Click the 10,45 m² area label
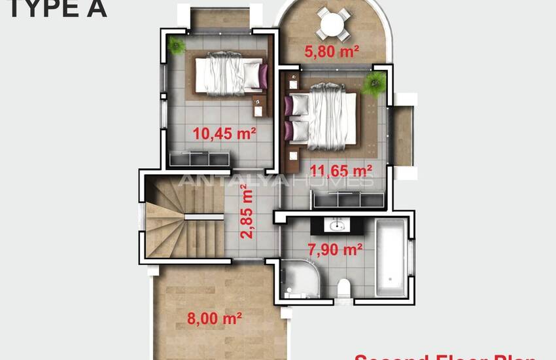pos(224,134)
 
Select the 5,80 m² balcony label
pos(332,52)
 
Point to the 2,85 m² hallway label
pos(247,211)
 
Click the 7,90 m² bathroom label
pos(335,249)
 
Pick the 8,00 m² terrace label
pos(215,319)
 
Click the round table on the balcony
pos(332,25)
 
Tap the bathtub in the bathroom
pos(391,257)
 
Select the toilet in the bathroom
pos(344,288)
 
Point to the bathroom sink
pos(338,226)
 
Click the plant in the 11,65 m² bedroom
pos(375,83)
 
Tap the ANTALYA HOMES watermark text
pos(275,181)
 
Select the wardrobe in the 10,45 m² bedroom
pos(199,158)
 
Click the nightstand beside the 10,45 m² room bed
pos(259,105)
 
